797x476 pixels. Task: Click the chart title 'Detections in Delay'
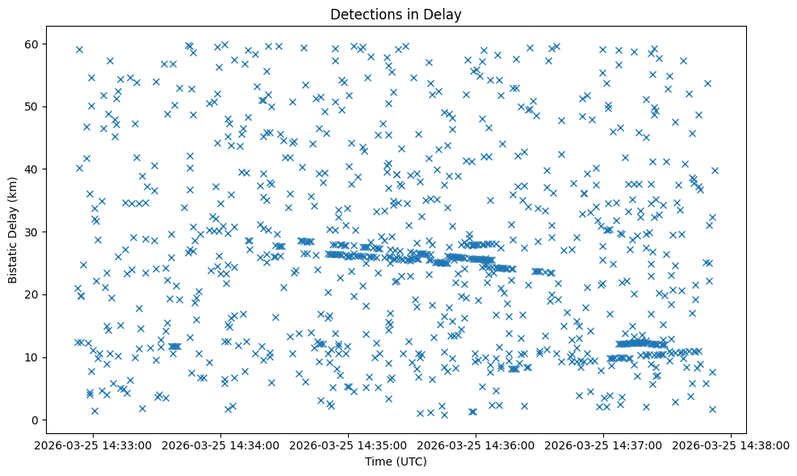(396, 14)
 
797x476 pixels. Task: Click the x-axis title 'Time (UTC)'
(396, 461)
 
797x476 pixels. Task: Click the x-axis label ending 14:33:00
(93, 445)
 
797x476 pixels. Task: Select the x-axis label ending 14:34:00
(220, 445)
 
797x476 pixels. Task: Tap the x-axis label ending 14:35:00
(348, 445)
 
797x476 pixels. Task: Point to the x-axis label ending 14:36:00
(476, 445)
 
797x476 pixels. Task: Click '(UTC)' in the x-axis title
(412, 461)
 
